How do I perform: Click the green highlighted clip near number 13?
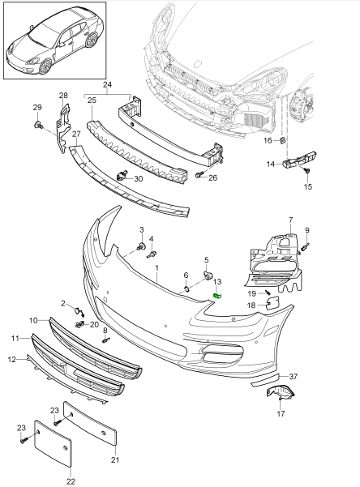216,294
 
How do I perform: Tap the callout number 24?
106,83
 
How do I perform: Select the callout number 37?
294,377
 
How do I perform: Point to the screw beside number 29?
38,126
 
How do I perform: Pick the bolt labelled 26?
199,174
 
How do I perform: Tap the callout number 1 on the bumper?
156,267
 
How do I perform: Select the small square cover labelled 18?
273,304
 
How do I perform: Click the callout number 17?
281,413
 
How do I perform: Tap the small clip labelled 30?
122,176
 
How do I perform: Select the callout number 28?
64,96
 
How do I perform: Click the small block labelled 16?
283,142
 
